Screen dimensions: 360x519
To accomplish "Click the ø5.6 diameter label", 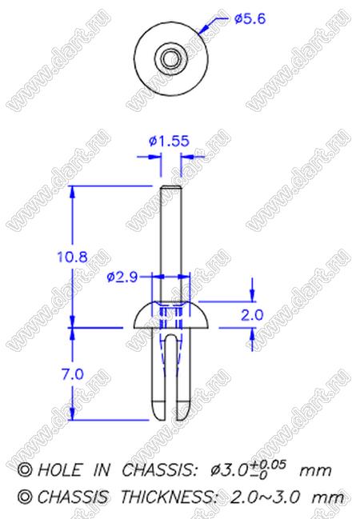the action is coord(250,19).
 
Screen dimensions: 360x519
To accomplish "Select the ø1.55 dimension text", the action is coord(169,142).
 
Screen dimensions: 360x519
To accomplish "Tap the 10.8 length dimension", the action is coord(73,257).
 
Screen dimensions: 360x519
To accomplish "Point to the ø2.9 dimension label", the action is coord(122,277).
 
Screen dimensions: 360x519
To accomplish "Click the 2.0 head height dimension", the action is coord(252,315).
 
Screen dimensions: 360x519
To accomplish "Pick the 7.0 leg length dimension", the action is coord(73,374).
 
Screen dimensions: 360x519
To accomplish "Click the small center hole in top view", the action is coord(171,59).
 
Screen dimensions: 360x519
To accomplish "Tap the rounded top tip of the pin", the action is coord(171,187).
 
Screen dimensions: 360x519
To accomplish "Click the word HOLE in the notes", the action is coord(59,470).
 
